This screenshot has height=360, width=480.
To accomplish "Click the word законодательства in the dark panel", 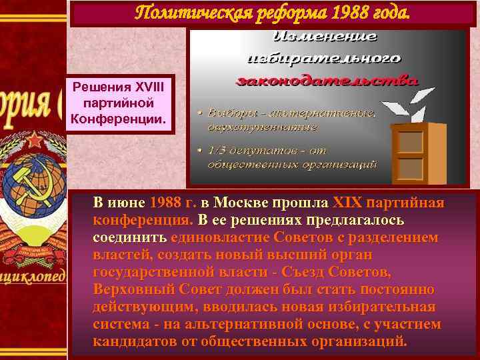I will pos(327,81).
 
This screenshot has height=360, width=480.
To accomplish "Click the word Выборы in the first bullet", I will pos(229,113).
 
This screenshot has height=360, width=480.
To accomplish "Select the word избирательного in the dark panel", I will pos(325,59).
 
